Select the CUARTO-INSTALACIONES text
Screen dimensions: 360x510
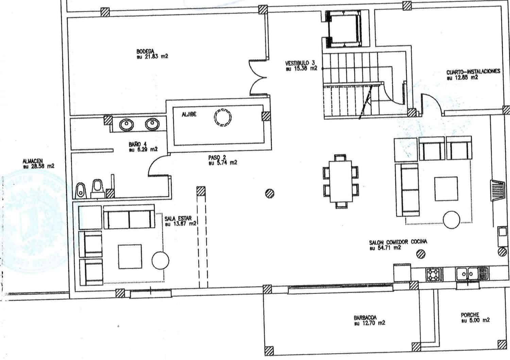click(473, 72)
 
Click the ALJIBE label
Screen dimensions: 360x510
click(189, 115)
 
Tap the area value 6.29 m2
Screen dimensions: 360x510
click(146, 149)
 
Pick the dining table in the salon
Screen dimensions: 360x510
click(341, 181)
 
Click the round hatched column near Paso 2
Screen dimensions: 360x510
click(270, 193)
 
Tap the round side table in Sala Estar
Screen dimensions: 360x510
click(160, 260)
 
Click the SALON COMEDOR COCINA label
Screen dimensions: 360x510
click(398, 242)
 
